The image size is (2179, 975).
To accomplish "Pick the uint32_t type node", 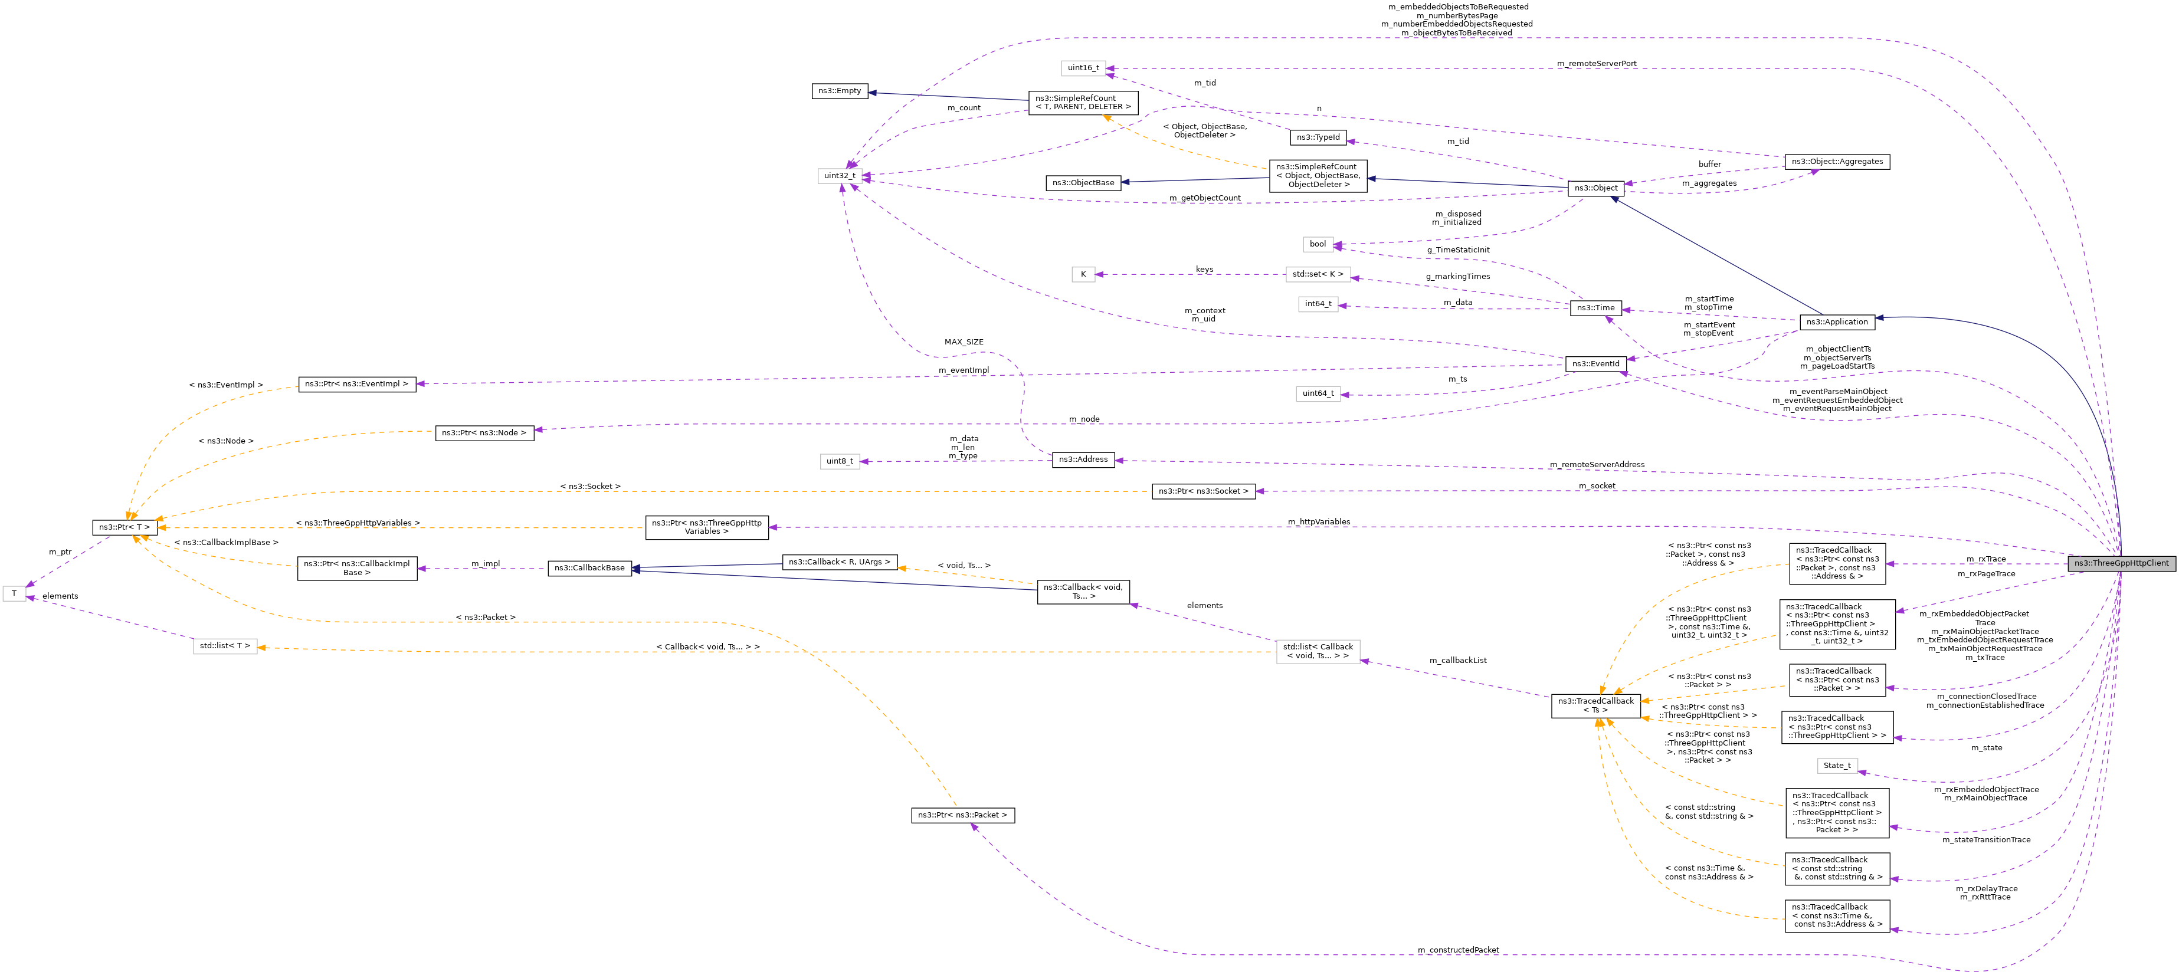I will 840,176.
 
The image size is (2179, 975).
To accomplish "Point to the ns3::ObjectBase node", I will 1083,183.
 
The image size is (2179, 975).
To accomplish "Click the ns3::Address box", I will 1083,460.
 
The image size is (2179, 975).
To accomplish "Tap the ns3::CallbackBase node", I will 589,568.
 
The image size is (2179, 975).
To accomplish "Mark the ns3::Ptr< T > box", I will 124,528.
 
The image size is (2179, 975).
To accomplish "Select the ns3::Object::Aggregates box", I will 1836,162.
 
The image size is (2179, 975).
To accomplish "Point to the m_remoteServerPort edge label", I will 1596,64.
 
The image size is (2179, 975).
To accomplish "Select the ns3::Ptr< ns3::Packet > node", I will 962,816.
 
